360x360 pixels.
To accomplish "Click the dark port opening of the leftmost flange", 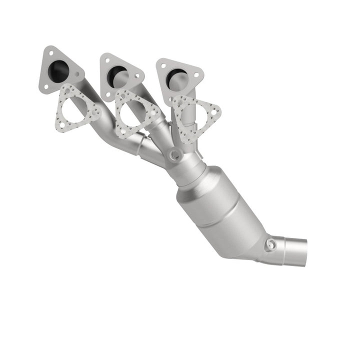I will pyautogui.click(x=59, y=70).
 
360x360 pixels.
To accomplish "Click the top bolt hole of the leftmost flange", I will pyautogui.click(x=51, y=53).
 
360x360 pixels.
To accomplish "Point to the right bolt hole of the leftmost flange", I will pyautogui.click(x=77, y=73).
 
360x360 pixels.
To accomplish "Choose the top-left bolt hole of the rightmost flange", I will pyautogui.click(x=164, y=66).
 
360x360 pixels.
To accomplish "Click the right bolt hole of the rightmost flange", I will pyautogui.click(x=196, y=75).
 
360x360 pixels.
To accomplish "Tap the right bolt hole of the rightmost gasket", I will pyautogui.click(x=214, y=112).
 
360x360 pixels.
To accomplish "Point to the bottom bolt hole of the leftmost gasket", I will pyautogui.click(x=62, y=124).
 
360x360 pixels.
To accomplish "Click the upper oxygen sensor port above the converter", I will pyautogui.click(x=175, y=155).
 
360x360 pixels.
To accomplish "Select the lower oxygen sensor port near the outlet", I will pyautogui.click(x=270, y=244).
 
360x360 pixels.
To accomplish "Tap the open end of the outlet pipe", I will pyautogui.click(x=303, y=252).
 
